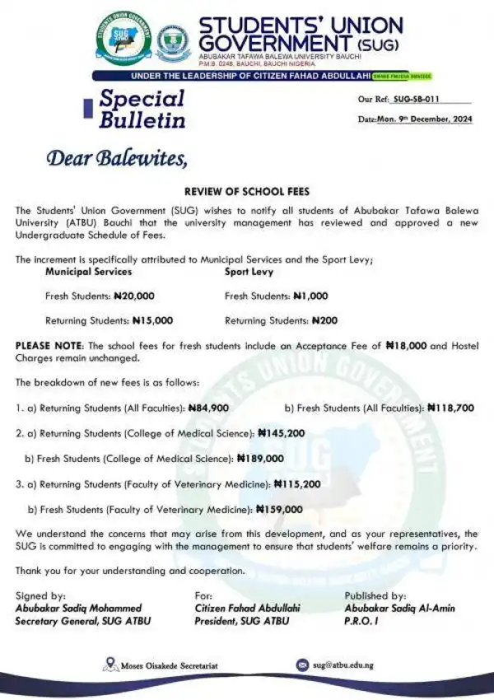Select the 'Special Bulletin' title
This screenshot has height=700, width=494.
coord(142,109)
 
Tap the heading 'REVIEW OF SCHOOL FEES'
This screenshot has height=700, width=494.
coord(246,189)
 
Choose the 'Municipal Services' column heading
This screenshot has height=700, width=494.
coord(88,271)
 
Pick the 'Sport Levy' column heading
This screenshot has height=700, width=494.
coord(250,271)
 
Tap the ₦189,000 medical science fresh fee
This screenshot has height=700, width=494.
coord(260,459)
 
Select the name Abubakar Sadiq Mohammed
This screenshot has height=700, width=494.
coord(78,608)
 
